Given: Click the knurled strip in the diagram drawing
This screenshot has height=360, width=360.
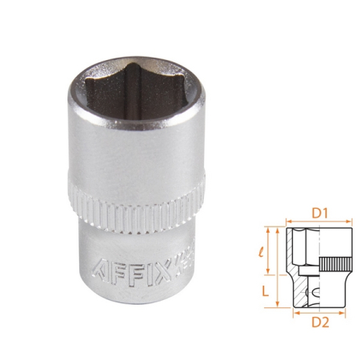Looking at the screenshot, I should (x=332, y=265).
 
